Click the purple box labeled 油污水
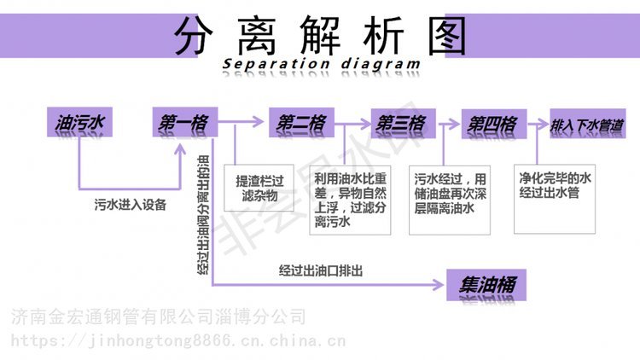pos(79,125)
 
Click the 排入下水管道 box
pos(588,125)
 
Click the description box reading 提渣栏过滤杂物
pos(259,189)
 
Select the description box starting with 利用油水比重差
pos(350,200)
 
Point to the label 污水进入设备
pos(130,206)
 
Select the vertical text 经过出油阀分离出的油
pos(202,213)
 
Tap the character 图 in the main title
pos(440,35)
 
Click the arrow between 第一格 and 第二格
pos(244,125)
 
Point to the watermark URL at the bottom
pos(180,343)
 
